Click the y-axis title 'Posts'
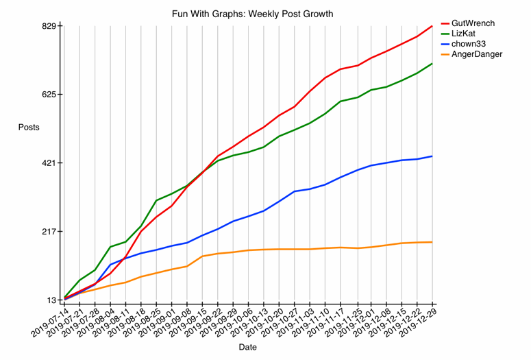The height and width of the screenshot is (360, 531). pyautogui.click(x=28, y=128)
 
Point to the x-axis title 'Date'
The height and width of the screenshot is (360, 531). pyautogui.click(x=248, y=348)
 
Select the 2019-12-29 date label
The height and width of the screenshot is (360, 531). pyautogui.click(x=417, y=321)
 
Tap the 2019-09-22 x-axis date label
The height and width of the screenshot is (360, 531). pyautogui.click(x=203, y=321)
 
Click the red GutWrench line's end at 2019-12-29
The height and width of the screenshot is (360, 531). pyautogui.click(x=432, y=26)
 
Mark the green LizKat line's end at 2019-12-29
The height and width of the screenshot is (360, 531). pyautogui.click(x=432, y=63)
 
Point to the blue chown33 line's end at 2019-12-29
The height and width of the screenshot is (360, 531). pyautogui.click(x=432, y=156)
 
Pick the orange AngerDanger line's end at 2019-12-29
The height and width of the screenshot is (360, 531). pyautogui.click(x=432, y=242)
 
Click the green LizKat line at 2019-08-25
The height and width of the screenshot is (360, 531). pyautogui.click(x=157, y=200)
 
